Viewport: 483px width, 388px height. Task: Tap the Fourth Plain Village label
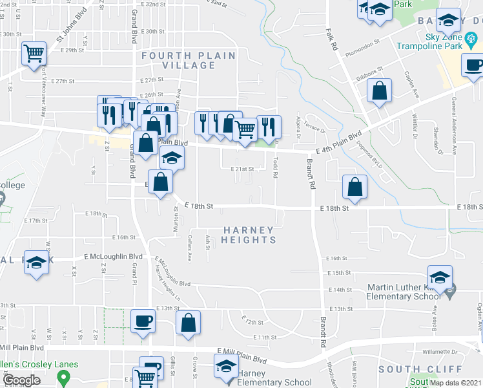pyautogui.click(x=189, y=60)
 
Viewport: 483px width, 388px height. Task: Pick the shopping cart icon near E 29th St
pyautogui.click(x=34, y=54)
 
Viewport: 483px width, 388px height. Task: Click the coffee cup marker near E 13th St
pyautogui.click(x=143, y=321)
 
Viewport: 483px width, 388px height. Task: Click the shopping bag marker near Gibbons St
pyautogui.click(x=380, y=91)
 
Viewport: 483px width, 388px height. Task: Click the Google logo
pyautogui.click(x=22, y=380)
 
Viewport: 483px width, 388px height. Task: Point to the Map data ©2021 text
pyautogui.click(x=455, y=383)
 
